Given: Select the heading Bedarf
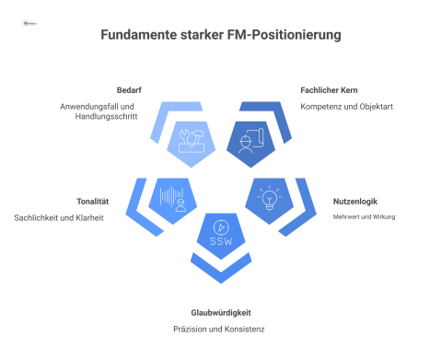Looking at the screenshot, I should coord(128,89).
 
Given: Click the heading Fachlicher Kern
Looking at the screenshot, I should coord(330,89).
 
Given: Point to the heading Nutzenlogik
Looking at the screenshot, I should coord(354,201).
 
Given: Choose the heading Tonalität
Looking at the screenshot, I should coord(94,201).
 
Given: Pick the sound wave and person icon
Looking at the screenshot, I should coord(172,197).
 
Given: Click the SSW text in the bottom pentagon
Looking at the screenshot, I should coord(221,241).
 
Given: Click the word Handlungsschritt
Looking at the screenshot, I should coord(106,119).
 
